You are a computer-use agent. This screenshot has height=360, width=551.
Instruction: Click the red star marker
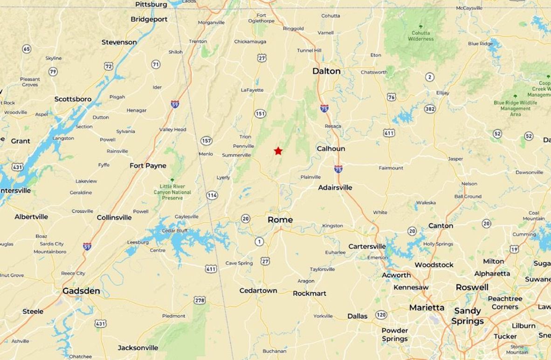pyautogui.click(x=278, y=151)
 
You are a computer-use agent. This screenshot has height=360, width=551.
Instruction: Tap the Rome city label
pyautogui.click(x=280, y=220)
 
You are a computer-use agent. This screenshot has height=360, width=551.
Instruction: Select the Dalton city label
pyautogui.click(x=326, y=71)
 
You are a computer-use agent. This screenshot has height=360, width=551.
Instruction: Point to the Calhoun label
pyautogui.click(x=331, y=149)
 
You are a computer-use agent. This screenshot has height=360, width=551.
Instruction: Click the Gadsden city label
pyautogui.click(x=81, y=291)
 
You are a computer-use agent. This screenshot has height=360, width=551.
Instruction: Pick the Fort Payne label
pyautogui.click(x=148, y=166)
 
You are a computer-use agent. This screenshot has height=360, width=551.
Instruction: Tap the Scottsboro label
pyautogui.click(x=73, y=99)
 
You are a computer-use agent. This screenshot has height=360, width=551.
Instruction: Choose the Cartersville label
pyautogui.click(x=367, y=246)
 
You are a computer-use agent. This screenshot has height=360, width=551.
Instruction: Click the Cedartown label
pyautogui.click(x=258, y=291)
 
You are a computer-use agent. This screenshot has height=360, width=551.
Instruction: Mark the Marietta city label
pyautogui.click(x=427, y=307)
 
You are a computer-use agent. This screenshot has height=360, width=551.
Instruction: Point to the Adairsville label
pyautogui.click(x=335, y=187)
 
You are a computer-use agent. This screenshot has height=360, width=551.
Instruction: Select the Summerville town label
pyautogui.click(x=236, y=155)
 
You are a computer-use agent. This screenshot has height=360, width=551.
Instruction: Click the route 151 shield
pyautogui.click(x=260, y=114)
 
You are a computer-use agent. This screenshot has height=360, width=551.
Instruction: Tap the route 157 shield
pyautogui.click(x=207, y=140)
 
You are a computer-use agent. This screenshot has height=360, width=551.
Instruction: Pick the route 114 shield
pyautogui.click(x=212, y=195)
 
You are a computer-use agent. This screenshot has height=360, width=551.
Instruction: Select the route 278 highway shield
pyautogui.click(x=200, y=300)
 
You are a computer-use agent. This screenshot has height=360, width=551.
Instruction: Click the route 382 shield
pyautogui.click(x=430, y=109)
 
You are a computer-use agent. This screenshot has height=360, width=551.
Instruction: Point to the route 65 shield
pyautogui.click(x=27, y=49)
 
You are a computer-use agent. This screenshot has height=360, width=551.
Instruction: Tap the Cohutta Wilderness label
pyautogui.click(x=421, y=36)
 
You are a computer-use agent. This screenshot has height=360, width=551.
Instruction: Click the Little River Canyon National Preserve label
pyautogui.click(x=172, y=192)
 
